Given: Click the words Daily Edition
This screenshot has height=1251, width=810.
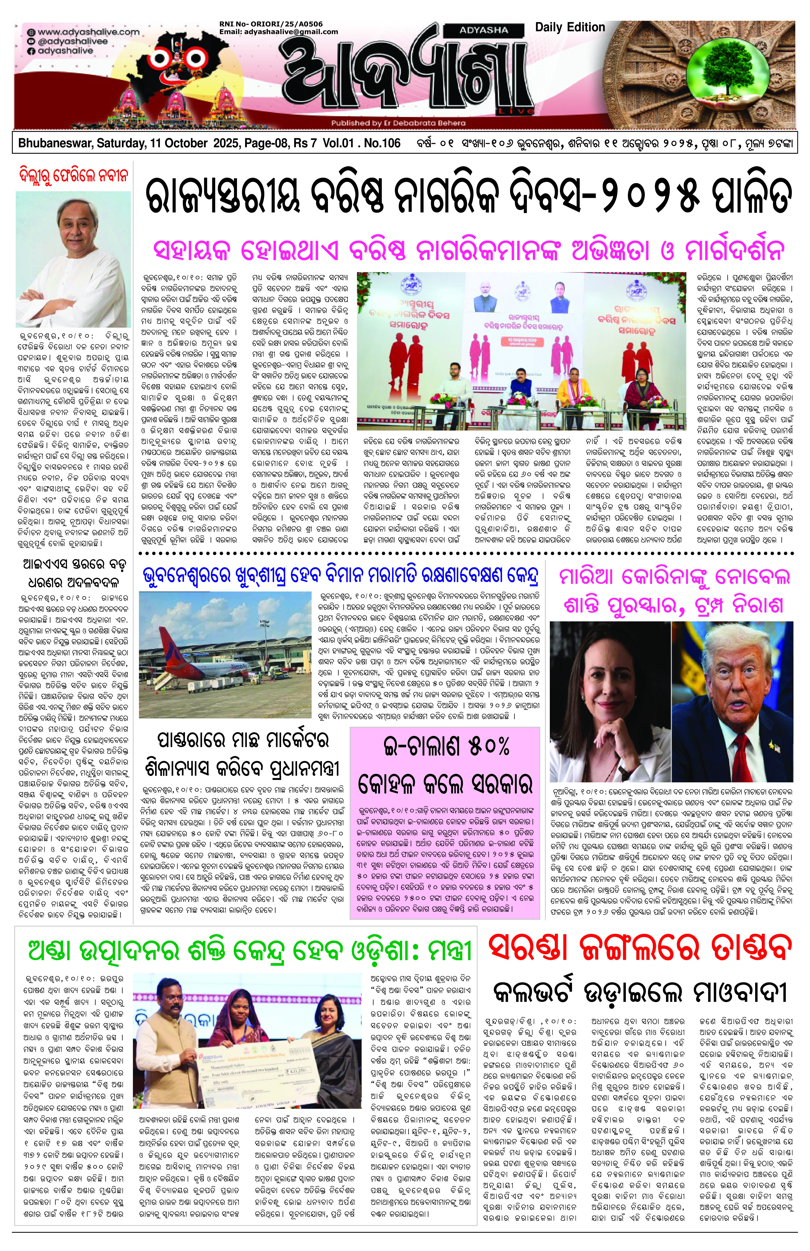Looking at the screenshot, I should [x=570, y=27].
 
